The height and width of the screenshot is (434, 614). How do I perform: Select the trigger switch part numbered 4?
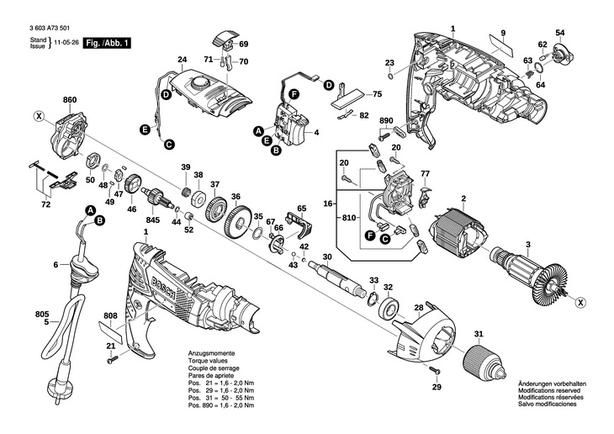coord(294,124)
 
